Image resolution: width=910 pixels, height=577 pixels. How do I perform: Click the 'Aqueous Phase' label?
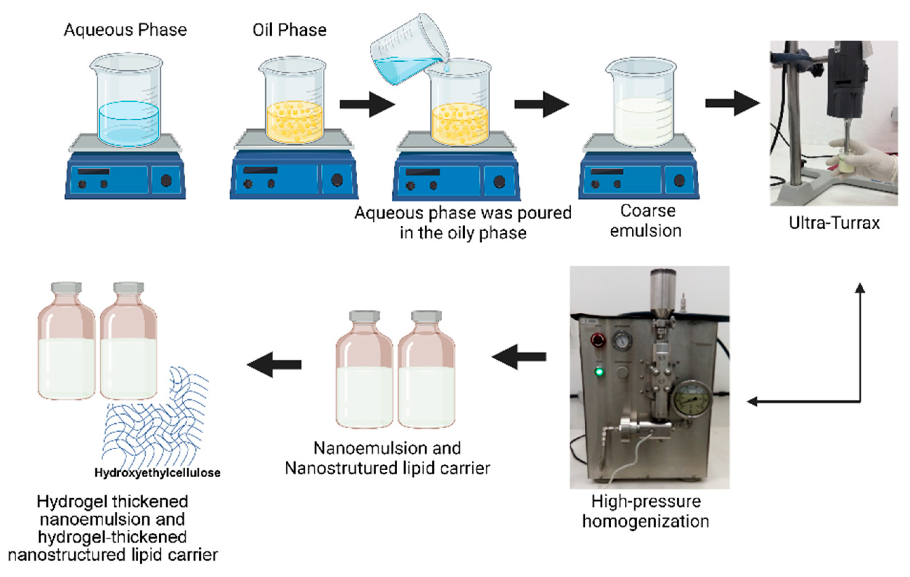pos(125,30)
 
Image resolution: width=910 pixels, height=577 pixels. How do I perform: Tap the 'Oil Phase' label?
pos(290,30)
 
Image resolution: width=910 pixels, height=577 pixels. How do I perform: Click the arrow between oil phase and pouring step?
pos(367,104)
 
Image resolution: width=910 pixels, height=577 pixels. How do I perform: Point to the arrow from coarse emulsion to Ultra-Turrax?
pos(732,103)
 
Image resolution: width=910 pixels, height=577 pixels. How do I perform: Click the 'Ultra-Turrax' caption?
pos(834,223)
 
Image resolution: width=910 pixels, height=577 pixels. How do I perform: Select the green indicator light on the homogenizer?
pos(599,372)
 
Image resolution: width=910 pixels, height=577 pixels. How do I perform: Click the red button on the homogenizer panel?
pos(598,340)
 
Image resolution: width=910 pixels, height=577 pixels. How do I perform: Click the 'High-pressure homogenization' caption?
pos(646,511)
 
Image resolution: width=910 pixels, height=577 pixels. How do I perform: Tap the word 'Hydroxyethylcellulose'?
pos(157,473)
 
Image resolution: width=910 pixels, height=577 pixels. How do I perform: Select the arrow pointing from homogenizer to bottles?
pos(519,356)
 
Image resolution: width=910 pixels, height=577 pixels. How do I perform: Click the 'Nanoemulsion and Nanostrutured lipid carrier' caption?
pos(387,458)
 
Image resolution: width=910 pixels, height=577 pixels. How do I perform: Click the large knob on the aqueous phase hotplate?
pos(166,181)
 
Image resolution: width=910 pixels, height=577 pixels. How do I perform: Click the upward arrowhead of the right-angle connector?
pos(860,288)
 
